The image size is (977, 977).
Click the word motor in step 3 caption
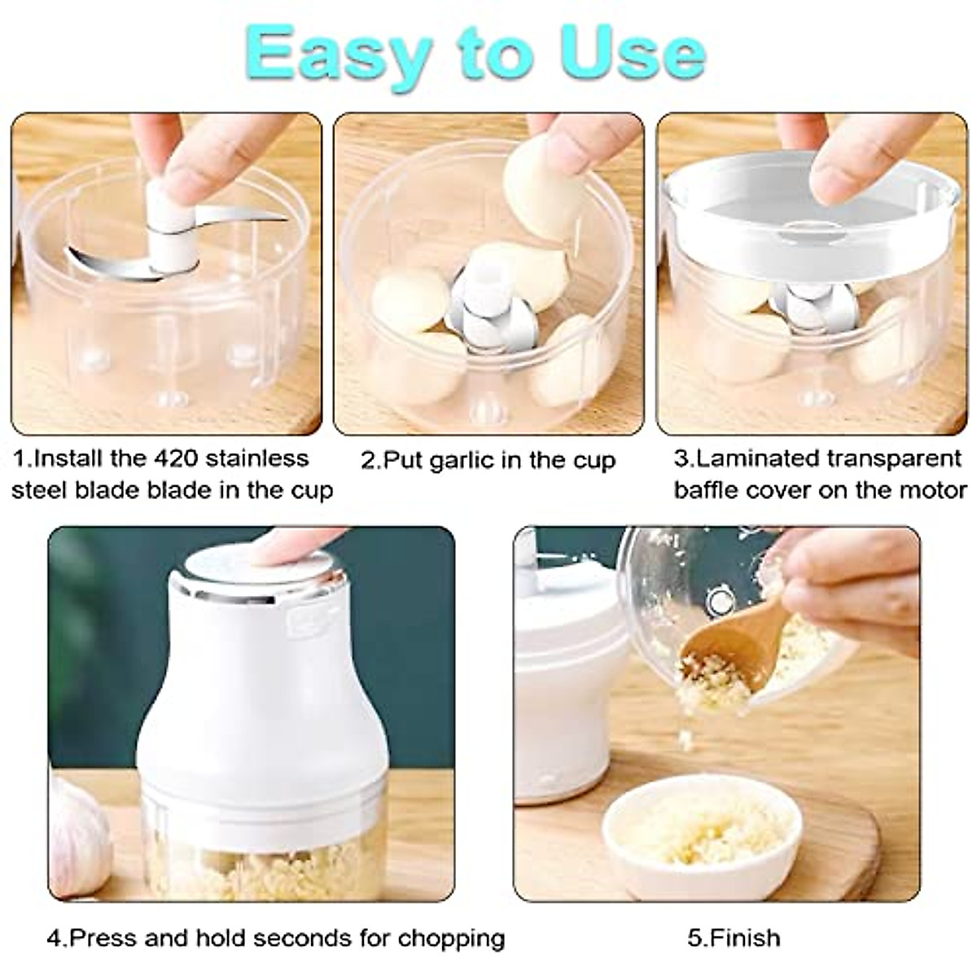point(933,491)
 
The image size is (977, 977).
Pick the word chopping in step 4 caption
point(451,938)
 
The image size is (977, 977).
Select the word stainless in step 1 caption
point(256,458)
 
